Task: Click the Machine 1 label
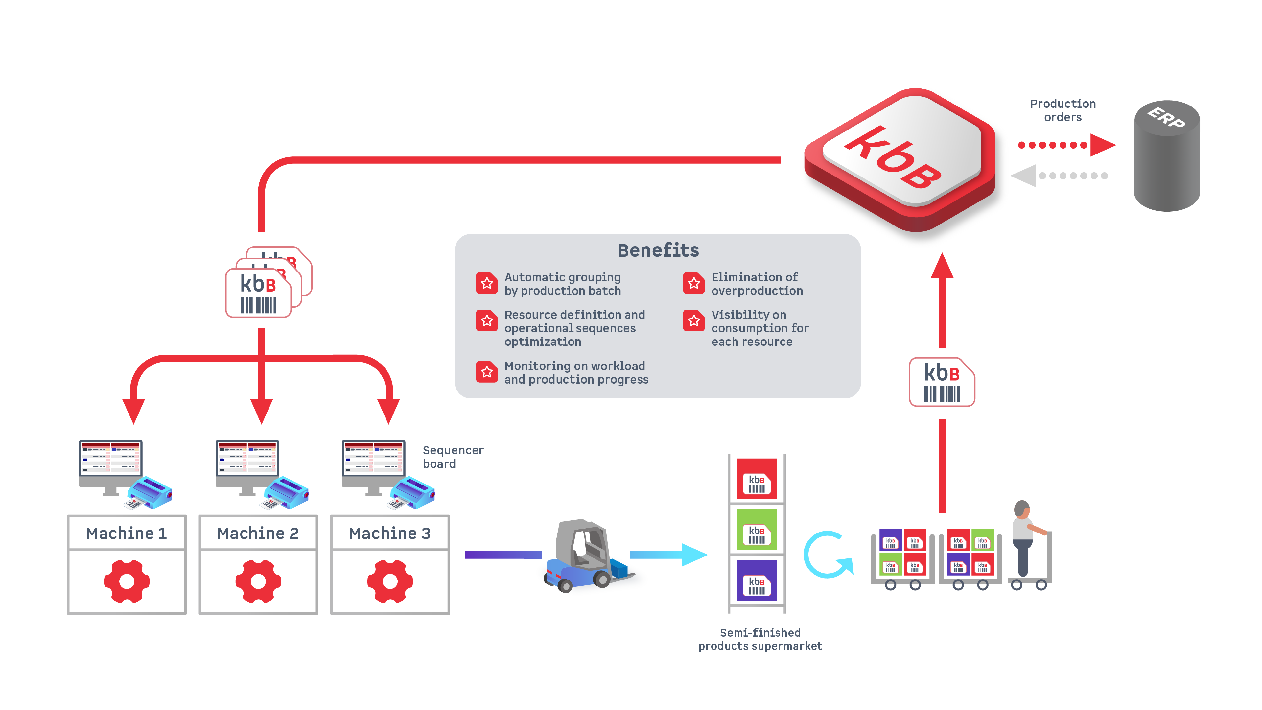point(127,533)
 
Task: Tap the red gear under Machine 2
point(258,581)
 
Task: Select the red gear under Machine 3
point(390,581)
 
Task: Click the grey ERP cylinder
point(1167,157)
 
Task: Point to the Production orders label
point(1063,110)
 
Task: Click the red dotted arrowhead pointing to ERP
point(1102,145)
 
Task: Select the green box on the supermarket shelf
point(757,530)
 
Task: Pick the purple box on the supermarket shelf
point(757,580)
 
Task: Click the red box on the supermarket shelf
point(757,479)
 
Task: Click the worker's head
point(1022,509)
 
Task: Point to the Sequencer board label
point(453,457)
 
